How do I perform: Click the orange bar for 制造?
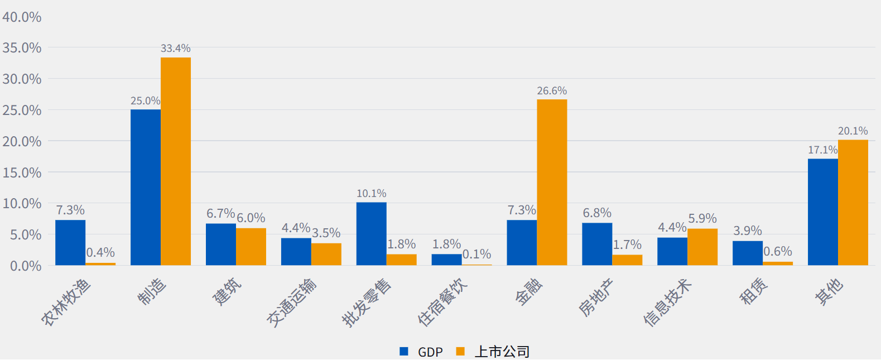[176, 161]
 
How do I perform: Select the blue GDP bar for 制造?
[146, 187]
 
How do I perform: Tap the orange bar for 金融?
[552, 182]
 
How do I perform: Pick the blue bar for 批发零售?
[372, 233]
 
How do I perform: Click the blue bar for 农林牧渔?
[70, 242]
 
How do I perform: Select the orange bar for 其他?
[853, 202]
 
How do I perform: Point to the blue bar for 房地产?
[597, 244]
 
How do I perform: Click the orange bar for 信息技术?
[702, 247]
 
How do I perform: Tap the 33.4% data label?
[176, 49]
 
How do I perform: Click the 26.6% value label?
[552, 91]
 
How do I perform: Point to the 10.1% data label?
[372, 194]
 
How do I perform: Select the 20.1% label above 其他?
[853, 131]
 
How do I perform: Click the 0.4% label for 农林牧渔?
[100, 253]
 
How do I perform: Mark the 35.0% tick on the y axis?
[22, 48]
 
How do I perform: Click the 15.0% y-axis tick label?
[22, 173]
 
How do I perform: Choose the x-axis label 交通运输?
[291, 302]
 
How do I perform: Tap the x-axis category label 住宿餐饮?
[442, 302]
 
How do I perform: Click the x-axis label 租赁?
[754, 291]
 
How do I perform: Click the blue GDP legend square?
[404, 352]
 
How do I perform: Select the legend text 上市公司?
[502, 352]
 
